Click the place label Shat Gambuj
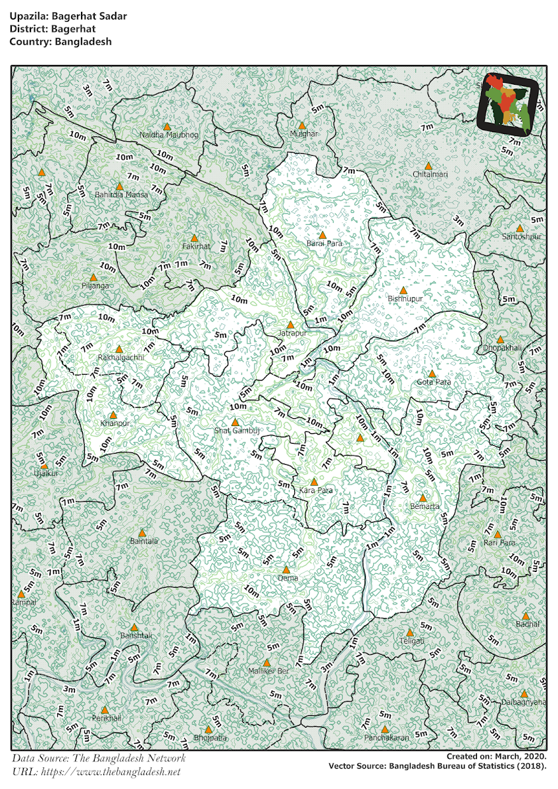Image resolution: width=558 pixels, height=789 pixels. pyautogui.click(x=238, y=431)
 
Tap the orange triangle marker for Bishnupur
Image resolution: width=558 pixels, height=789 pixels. pyautogui.click(x=403, y=290)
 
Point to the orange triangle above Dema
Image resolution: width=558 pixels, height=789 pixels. pyautogui.click(x=286, y=569)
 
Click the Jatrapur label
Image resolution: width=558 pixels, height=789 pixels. pyautogui.click(x=292, y=333)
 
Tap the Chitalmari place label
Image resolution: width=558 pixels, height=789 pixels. pyautogui.click(x=430, y=174)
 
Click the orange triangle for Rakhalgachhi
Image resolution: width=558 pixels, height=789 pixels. pyautogui.click(x=119, y=349)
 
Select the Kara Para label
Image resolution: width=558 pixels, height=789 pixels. pyautogui.click(x=316, y=490)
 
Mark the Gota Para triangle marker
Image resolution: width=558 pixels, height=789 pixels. pyautogui.click(x=432, y=373)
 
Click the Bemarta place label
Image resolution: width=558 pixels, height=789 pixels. pyautogui.click(x=424, y=506)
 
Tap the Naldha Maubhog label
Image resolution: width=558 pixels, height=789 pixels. pyautogui.click(x=168, y=135)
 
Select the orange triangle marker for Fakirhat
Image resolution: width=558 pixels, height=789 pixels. pyautogui.click(x=194, y=238)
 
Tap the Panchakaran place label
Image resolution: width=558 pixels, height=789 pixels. pyautogui.click(x=386, y=738)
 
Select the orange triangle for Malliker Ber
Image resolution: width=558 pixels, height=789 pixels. pyautogui.click(x=266, y=663)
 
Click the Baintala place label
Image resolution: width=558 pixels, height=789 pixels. pyautogui.click(x=143, y=541)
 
